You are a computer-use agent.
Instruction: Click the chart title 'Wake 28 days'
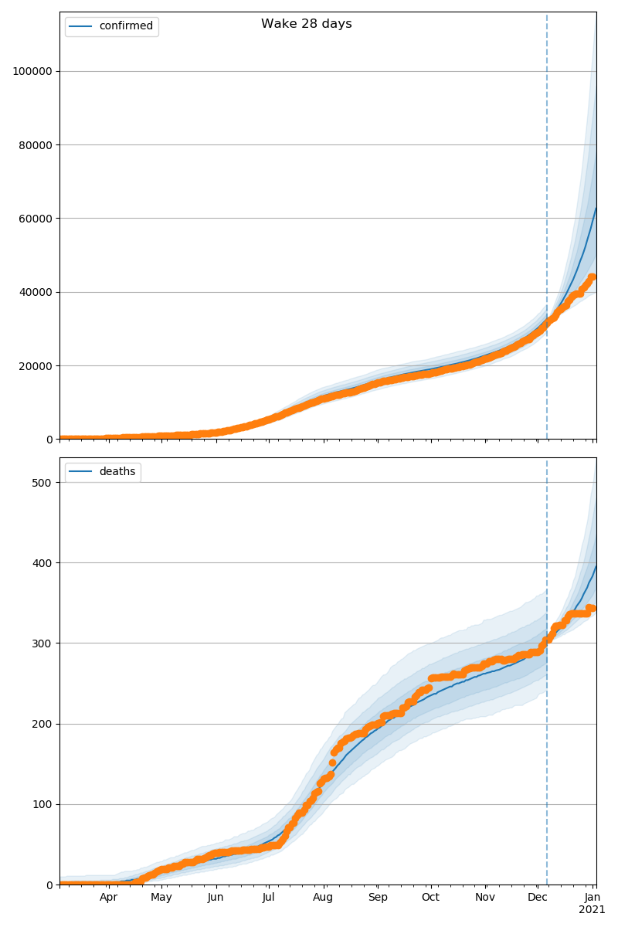click(306, 24)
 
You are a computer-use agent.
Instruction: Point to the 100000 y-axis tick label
click(32, 71)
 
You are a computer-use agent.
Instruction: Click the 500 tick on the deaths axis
click(42, 483)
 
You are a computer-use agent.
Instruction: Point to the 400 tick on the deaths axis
click(42, 563)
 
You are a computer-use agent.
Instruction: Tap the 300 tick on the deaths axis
click(42, 643)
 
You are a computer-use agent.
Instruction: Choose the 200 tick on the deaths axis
click(42, 724)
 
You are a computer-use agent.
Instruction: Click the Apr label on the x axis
click(108, 898)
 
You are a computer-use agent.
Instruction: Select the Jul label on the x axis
click(268, 898)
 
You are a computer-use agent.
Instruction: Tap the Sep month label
click(378, 898)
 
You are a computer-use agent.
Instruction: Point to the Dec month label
click(538, 898)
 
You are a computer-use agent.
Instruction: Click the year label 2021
click(593, 910)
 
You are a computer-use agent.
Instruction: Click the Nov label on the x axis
click(485, 898)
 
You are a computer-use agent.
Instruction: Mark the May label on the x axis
click(161, 898)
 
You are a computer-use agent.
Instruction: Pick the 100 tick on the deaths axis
click(42, 804)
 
